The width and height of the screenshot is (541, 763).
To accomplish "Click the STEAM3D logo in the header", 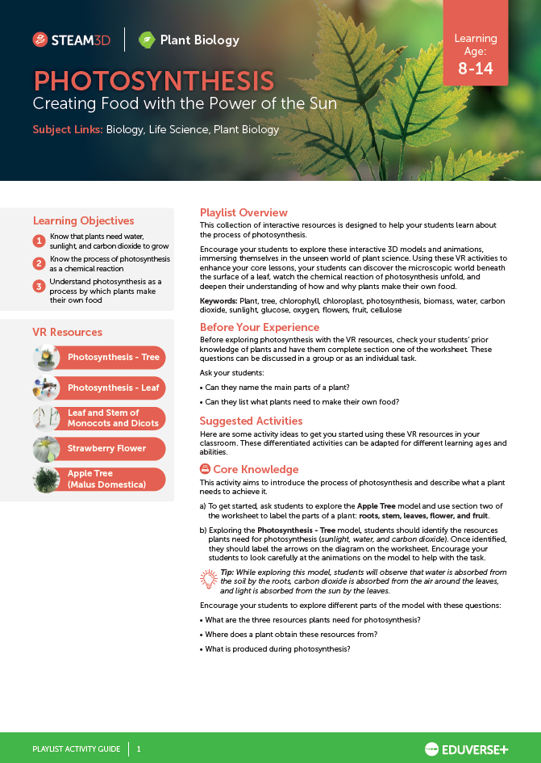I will point(72,40).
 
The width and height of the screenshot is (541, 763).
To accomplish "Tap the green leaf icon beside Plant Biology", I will point(147,40).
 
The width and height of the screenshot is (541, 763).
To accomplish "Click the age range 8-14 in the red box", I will point(475,69).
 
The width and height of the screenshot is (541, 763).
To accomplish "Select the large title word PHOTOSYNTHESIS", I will point(153,81).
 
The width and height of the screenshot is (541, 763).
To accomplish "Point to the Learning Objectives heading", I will point(83,220).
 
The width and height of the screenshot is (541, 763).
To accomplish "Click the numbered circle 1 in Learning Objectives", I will point(39,241).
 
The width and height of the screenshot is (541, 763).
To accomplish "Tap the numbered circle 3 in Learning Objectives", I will point(39,286).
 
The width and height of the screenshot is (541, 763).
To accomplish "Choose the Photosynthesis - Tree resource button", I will point(113,358).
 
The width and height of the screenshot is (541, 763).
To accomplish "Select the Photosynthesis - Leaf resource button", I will point(113,388).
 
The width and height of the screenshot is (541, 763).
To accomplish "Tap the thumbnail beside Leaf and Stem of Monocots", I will point(46,418).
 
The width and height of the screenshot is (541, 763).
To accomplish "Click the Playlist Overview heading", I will point(243,213).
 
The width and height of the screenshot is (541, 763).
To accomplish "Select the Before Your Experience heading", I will point(260,327).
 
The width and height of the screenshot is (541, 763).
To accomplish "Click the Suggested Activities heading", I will point(251,421).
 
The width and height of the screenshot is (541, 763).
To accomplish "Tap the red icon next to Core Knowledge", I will point(205,469).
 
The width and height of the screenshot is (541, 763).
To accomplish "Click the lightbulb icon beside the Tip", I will point(209,579).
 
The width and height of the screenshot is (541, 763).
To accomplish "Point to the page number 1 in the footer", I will point(139,748).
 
